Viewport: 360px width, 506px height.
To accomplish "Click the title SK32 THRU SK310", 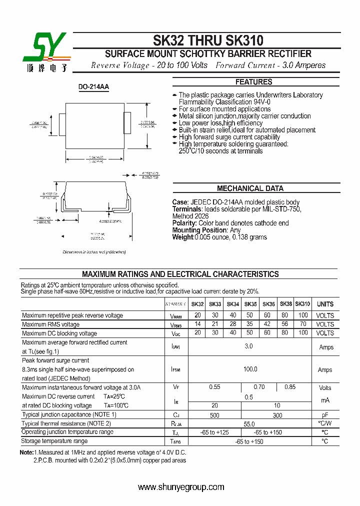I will (x=207, y=40).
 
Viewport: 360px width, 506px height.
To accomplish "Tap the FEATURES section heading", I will (x=254, y=82).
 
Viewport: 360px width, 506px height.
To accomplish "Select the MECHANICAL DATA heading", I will (x=250, y=188).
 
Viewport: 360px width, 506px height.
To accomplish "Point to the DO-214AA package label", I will (x=93, y=87).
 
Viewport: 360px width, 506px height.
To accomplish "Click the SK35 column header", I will (x=250, y=304).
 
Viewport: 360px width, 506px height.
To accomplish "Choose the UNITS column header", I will (x=325, y=304).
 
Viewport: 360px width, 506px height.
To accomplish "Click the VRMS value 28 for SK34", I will (x=233, y=324).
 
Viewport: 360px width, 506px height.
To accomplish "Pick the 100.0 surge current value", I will (x=250, y=369).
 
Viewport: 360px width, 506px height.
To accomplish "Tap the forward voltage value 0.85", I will (x=290, y=387).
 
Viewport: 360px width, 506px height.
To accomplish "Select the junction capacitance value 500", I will (x=214, y=415).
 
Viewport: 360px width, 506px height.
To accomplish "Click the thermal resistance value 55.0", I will (x=249, y=423).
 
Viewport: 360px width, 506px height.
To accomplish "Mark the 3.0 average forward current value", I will (x=249, y=346).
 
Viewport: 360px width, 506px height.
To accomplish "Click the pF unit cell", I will (x=325, y=415).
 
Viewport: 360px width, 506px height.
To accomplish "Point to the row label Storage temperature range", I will (x=54, y=441).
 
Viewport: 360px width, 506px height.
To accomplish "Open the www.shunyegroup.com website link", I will (x=181, y=487).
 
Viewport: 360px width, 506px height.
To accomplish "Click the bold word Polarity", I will (x=184, y=223).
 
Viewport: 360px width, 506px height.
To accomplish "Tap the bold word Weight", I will (x=182, y=237).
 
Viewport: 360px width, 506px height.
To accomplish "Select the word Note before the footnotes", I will (x=26, y=452).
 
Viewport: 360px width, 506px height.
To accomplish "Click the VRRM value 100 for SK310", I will (x=302, y=315).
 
